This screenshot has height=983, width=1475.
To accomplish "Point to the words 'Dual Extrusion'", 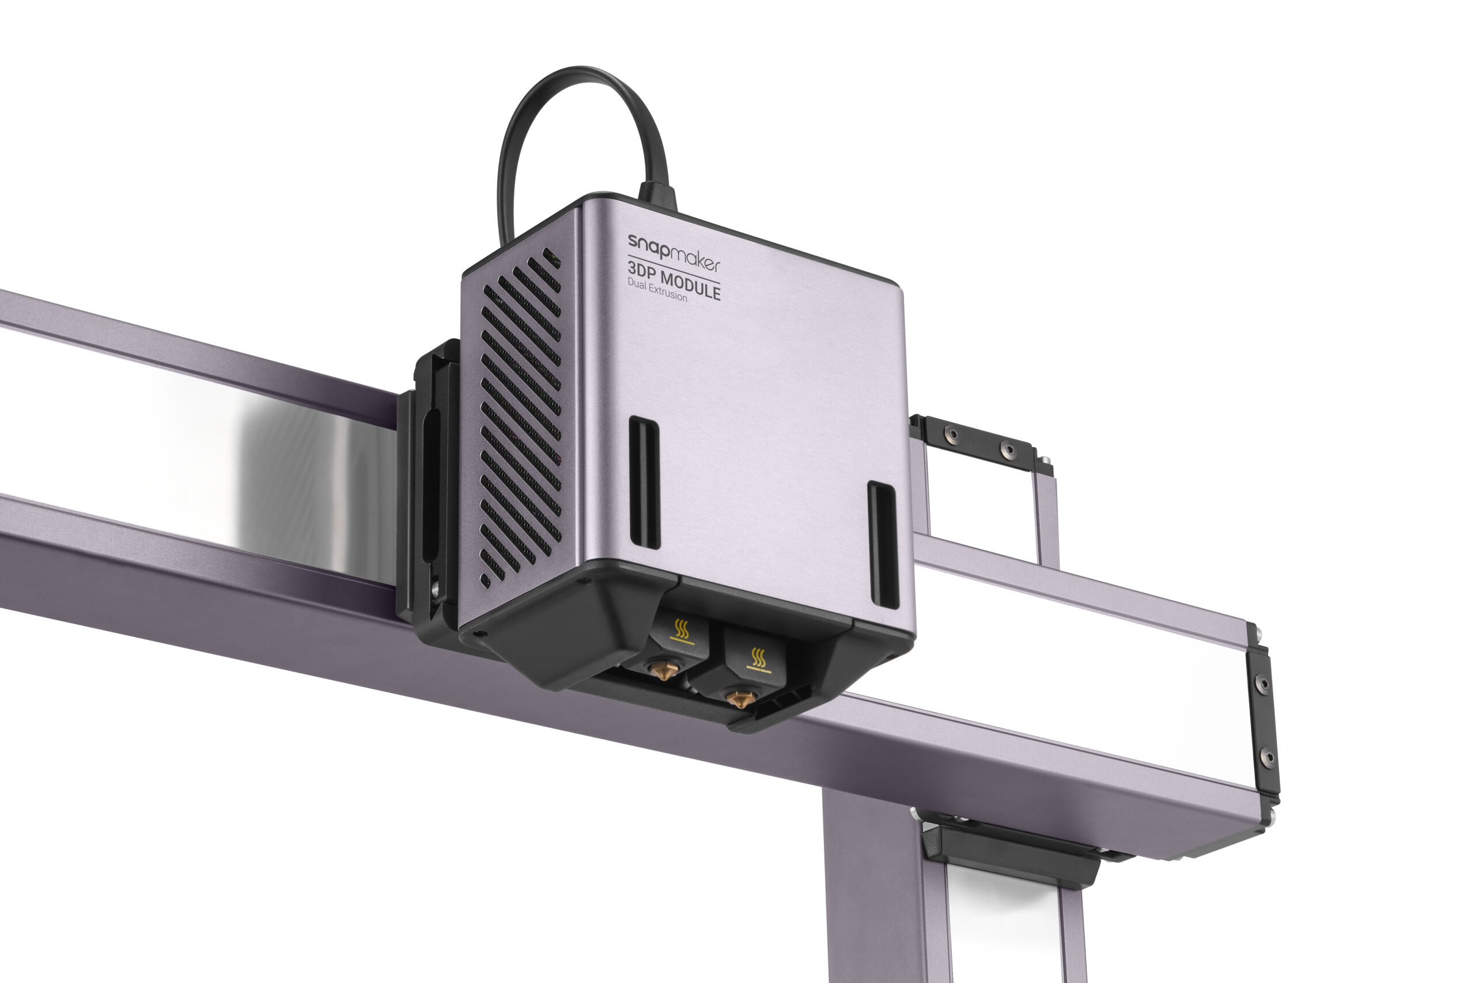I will [x=657, y=290].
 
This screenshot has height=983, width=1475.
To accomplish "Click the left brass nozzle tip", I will [x=660, y=671].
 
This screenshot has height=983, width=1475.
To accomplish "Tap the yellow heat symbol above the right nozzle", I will [x=759, y=658].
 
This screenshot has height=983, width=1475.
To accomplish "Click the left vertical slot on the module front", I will [x=644, y=482].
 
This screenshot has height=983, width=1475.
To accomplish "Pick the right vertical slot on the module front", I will [x=883, y=545].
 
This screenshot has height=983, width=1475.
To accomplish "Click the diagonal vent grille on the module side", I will [x=520, y=414].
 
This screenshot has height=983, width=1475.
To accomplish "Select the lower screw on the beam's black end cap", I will [x=1268, y=756].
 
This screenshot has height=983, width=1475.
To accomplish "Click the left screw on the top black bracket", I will [x=952, y=434].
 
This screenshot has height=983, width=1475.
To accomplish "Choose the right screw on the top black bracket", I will [x=1008, y=449].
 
